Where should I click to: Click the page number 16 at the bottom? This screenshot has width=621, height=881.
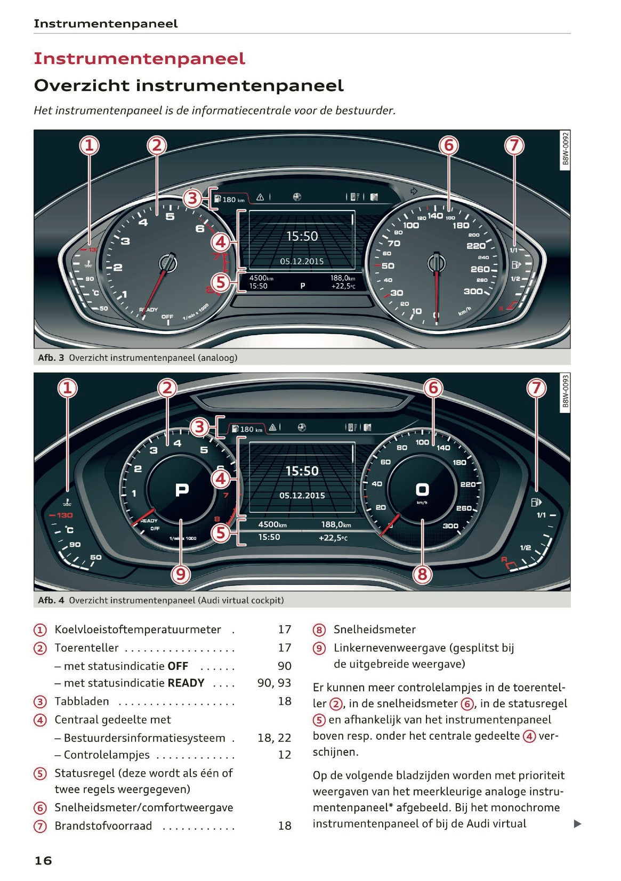pyautogui.click(x=43, y=860)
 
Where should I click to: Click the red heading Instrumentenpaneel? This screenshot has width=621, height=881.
pyautogui.click(x=139, y=59)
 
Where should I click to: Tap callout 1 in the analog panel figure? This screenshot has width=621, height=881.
pyautogui.click(x=89, y=145)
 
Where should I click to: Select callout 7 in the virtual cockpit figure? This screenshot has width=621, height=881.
pyautogui.click(x=536, y=388)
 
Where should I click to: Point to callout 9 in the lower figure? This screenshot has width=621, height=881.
pyautogui.click(x=181, y=574)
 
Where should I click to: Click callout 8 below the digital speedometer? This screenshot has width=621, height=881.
pyautogui.click(x=422, y=574)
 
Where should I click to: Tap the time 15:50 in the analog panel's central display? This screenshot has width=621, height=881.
pyautogui.click(x=302, y=236)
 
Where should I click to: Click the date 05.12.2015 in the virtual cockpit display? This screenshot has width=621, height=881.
pyautogui.click(x=302, y=495)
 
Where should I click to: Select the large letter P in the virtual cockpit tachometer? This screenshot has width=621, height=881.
pyautogui.click(x=182, y=489)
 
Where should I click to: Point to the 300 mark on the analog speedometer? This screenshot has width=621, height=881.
pyautogui.click(x=472, y=292)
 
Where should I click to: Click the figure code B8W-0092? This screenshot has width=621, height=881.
pyautogui.click(x=566, y=149)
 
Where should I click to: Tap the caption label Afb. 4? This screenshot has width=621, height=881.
pyautogui.click(x=51, y=600)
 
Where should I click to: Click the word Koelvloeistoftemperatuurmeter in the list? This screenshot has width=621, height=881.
pyautogui.click(x=138, y=629)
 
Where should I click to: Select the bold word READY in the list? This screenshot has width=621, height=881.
pyautogui.click(x=186, y=683)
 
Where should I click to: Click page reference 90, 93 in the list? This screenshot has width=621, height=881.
pyautogui.click(x=274, y=683)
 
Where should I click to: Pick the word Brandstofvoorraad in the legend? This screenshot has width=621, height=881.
pyautogui.click(x=103, y=826)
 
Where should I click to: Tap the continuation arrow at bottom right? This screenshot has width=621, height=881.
pyautogui.click(x=577, y=824)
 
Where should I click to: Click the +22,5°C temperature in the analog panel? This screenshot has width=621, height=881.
pyautogui.click(x=343, y=286)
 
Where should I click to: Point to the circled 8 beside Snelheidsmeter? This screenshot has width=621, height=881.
pyautogui.click(x=319, y=630)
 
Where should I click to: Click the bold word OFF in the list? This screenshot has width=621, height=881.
pyautogui.click(x=178, y=666)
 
